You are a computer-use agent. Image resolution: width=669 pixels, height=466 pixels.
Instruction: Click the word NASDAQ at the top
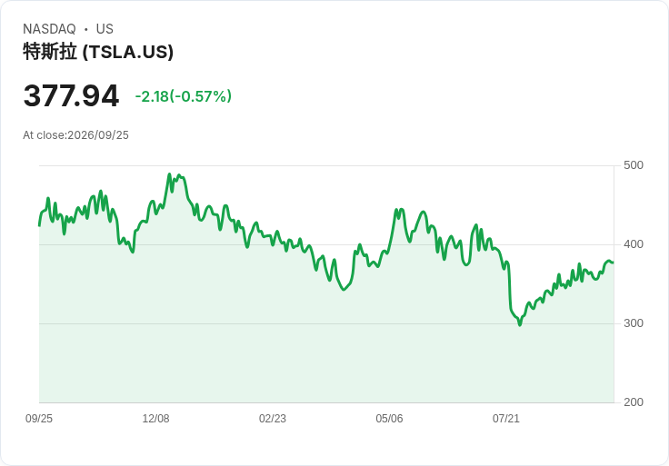[x=49, y=29]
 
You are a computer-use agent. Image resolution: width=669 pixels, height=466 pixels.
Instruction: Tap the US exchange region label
[x=105, y=29]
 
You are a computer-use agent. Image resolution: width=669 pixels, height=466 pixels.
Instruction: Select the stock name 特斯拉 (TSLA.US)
[x=98, y=52]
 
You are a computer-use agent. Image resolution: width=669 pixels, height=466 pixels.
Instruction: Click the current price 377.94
[x=71, y=95]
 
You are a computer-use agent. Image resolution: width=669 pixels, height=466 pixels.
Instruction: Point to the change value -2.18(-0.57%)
[x=184, y=96]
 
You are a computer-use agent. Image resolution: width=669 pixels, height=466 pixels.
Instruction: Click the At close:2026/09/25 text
[x=76, y=135]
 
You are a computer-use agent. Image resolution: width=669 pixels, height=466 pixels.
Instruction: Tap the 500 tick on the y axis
[x=634, y=165]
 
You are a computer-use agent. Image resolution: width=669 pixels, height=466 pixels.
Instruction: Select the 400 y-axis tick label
[x=634, y=244]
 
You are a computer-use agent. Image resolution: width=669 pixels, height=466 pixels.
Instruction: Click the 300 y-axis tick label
[x=634, y=323]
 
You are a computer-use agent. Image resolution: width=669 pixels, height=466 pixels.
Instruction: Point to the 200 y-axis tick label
[x=634, y=402]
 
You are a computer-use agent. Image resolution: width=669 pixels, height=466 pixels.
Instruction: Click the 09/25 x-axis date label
[x=39, y=419]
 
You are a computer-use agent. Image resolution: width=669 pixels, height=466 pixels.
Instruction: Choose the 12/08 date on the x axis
[x=155, y=419]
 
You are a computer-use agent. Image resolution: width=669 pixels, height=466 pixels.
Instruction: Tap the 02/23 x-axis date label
[x=273, y=419]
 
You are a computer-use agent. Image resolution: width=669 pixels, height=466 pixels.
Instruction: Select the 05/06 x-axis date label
[x=389, y=419]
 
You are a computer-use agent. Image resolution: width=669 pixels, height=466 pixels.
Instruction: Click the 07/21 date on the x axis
[x=506, y=419]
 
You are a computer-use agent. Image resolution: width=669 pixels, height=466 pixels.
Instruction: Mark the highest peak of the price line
[x=169, y=174]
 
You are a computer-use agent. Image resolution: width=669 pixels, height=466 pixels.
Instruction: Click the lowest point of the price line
[x=520, y=325]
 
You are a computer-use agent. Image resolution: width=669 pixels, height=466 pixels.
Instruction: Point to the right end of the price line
[x=614, y=263]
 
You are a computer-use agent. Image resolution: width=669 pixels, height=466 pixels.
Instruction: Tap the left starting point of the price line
[x=39, y=225]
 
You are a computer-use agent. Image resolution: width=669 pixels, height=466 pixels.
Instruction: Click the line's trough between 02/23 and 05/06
[x=344, y=290]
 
